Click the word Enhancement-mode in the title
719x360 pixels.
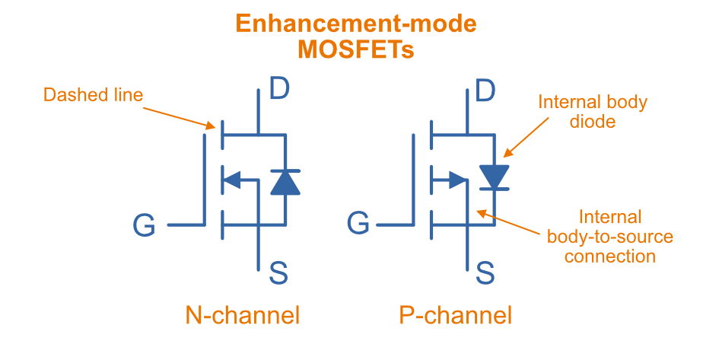point(356,23)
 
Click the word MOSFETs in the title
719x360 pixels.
point(356,49)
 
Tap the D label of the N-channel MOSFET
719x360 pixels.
point(279,90)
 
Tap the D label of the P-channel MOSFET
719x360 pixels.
point(485,90)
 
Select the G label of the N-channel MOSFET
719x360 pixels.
point(144,225)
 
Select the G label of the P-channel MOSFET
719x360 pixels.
point(358,225)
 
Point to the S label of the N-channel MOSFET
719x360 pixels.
point(278,272)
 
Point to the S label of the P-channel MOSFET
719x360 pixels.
point(485,272)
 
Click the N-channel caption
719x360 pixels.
point(243,315)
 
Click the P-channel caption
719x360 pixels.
point(456,315)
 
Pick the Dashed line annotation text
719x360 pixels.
point(93,95)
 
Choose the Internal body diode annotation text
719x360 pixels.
point(592,111)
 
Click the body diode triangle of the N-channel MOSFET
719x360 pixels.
point(285,182)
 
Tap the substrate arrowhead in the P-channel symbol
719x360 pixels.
point(458,180)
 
